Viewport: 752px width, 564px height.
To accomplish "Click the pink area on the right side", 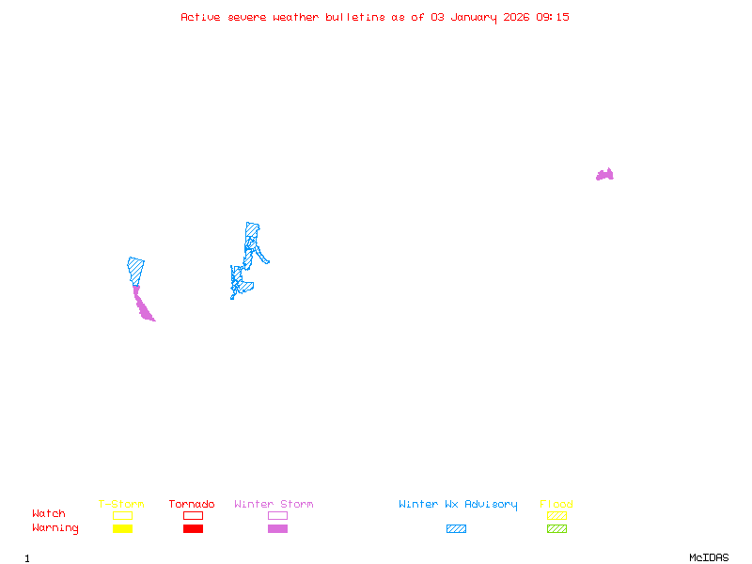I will [605, 175].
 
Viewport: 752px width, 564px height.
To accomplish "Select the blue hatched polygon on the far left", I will [136, 269].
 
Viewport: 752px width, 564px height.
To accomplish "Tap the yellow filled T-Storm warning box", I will [122, 528].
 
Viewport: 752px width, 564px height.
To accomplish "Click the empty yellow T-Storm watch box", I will [122, 515].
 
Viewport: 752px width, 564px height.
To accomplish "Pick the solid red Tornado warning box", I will [193, 528].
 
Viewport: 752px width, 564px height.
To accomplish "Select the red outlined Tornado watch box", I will [193, 515].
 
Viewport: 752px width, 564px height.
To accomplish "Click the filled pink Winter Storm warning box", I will [277, 528].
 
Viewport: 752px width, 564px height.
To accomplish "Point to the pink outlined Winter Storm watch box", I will [277, 515].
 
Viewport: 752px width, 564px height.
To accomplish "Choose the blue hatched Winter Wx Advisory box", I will [456, 528].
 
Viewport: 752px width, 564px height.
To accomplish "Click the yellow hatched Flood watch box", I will [556, 515].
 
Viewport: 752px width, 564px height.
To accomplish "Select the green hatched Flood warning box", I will [556, 528].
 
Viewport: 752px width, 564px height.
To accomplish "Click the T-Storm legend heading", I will [121, 504].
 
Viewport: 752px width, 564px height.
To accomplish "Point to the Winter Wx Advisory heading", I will [458, 504].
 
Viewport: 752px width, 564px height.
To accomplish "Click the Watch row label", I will [49, 514].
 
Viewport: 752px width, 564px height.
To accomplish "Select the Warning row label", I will [55, 528].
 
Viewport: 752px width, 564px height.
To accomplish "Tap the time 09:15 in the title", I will [553, 17].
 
